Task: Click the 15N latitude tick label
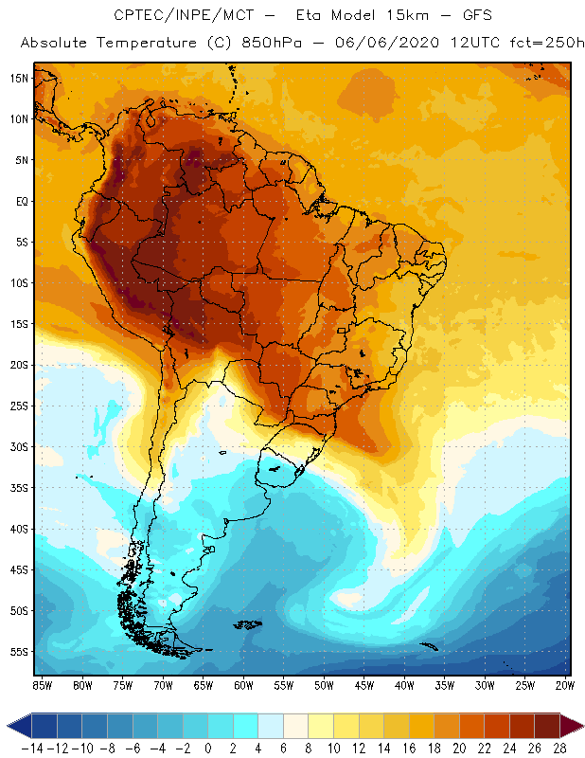[20, 78]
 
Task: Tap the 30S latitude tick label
[20, 446]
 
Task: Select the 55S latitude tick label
[20, 652]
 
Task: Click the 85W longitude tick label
[42, 685]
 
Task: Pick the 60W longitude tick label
[243, 685]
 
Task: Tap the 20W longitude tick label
[565, 685]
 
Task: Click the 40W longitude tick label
[404, 685]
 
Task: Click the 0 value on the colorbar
[208, 749]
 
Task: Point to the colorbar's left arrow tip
[9, 726]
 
